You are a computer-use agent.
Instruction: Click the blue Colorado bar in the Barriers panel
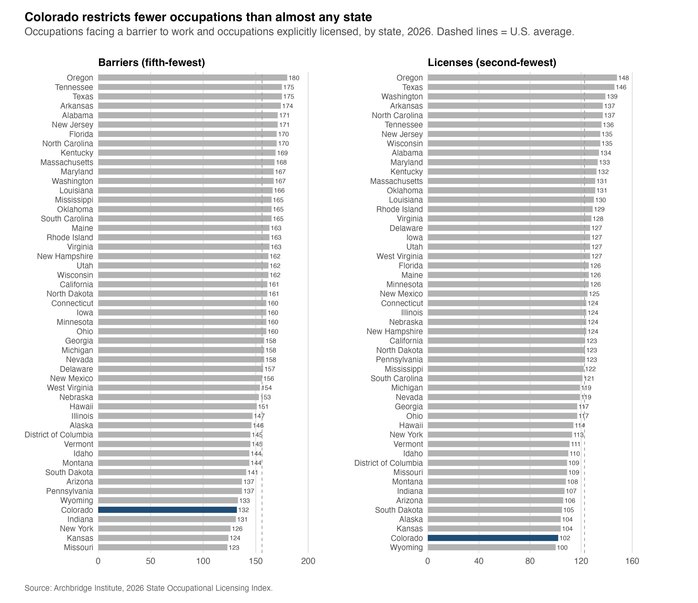[168, 510]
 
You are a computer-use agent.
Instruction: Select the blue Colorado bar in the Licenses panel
[493, 538]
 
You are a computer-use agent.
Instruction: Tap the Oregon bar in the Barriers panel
[193, 77]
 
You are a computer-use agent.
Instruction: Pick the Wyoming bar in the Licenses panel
[492, 547]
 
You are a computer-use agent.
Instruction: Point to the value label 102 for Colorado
[565, 538]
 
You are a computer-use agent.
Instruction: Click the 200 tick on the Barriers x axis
[308, 561]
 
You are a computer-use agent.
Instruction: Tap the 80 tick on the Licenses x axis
[530, 561]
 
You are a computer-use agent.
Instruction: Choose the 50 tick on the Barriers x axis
[151, 561]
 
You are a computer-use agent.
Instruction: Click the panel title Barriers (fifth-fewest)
[152, 63]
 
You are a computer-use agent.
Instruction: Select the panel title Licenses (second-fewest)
[492, 63]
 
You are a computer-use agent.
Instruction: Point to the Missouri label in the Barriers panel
[78, 547]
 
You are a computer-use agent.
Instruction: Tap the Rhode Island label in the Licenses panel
[400, 209]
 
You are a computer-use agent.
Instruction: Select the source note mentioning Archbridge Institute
[148, 588]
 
